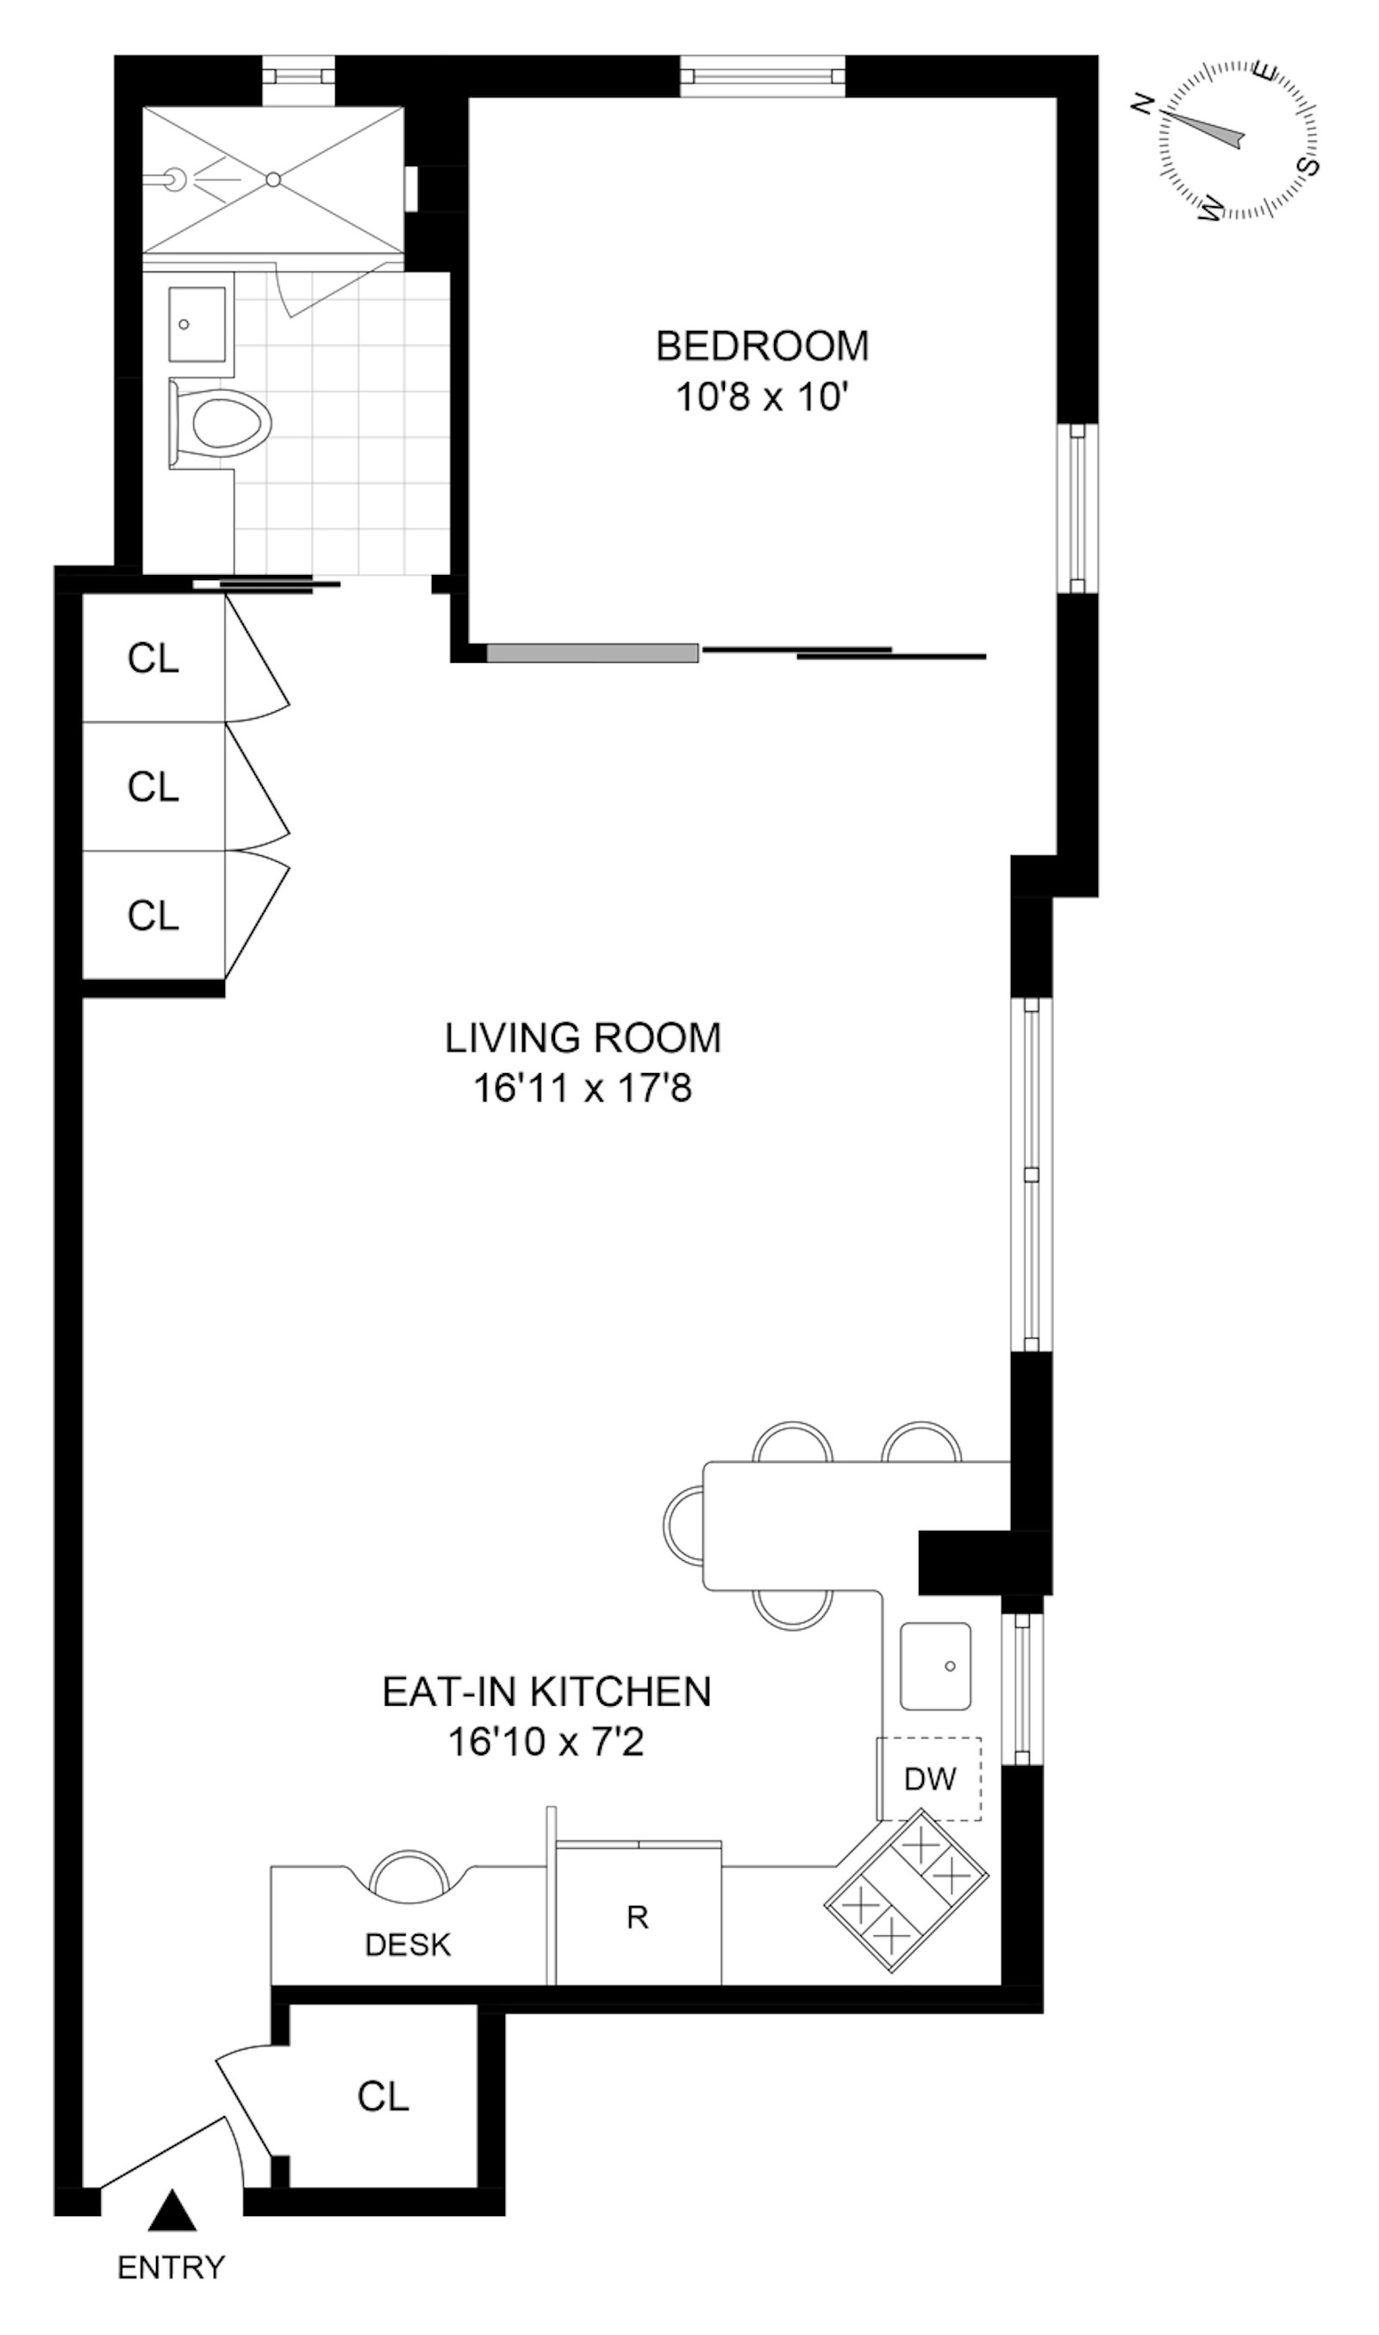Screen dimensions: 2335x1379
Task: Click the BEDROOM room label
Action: pos(762,346)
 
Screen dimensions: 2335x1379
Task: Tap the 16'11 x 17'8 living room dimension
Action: pos(583,1088)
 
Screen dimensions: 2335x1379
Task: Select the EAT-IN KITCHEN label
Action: pos(546,1692)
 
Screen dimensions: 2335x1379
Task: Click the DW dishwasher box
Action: pos(930,1778)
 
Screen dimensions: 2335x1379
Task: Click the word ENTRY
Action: pos(171,2268)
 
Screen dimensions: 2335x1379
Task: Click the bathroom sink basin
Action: pos(196,324)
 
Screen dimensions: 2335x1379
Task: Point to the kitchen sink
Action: pos(935,1666)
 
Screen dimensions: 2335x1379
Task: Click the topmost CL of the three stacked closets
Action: pos(153,659)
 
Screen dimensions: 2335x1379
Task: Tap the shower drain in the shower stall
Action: pos(273,179)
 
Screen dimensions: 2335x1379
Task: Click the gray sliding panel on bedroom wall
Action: pos(592,653)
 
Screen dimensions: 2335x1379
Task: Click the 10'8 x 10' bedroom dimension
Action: pos(762,397)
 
